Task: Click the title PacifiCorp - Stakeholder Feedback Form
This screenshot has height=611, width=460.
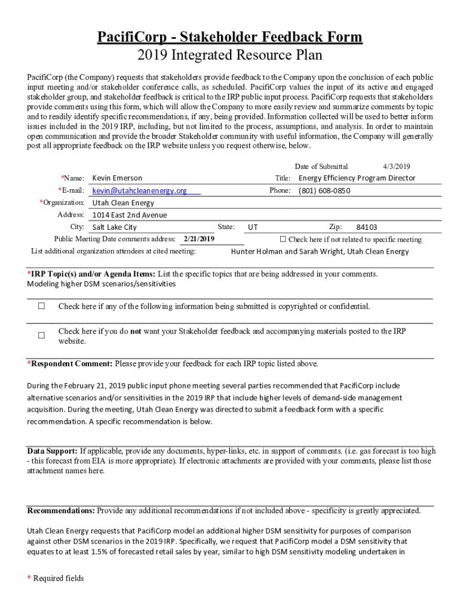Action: pos(230,38)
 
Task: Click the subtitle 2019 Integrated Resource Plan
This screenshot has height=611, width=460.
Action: pos(230,56)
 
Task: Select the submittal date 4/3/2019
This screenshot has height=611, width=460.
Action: pos(396,166)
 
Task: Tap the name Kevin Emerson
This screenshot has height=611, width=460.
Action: pos(117,178)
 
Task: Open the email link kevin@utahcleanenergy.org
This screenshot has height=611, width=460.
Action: pos(139,191)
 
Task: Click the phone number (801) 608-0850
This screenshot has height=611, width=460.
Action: pos(324,191)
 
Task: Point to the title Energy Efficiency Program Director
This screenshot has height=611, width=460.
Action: pos(357,178)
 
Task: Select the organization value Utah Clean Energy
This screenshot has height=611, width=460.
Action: pos(123,203)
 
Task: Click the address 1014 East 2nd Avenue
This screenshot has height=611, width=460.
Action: pos(130,215)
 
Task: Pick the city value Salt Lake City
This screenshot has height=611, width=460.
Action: pos(114,227)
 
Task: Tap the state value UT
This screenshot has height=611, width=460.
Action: pos(253,227)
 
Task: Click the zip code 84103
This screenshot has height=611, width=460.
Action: pos(366,227)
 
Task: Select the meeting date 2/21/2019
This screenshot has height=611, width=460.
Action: pos(199,239)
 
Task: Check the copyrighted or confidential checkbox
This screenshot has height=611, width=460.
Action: pos(42,307)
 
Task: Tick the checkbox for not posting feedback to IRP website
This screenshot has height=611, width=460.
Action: pos(42,336)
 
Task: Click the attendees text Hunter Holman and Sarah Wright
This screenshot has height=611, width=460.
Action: pos(320,252)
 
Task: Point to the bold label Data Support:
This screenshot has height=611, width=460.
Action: pos(53,451)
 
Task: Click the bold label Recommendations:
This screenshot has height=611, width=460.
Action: pos(61,511)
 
